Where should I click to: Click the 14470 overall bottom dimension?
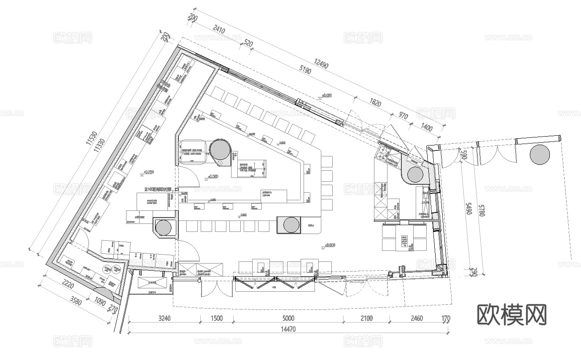(x=289, y=330)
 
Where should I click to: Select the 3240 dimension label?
(x=164, y=318)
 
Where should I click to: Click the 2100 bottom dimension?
(x=366, y=318)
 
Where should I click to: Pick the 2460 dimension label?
(x=416, y=318)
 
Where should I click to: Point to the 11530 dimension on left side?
(x=91, y=139)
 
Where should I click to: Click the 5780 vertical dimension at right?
(x=482, y=209)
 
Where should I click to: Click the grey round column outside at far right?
(x=540, y=154)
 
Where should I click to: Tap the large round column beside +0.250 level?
(x=220, y=150)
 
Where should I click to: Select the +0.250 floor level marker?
(x=148, y=172)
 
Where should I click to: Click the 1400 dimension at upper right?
(x=427, y=128)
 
